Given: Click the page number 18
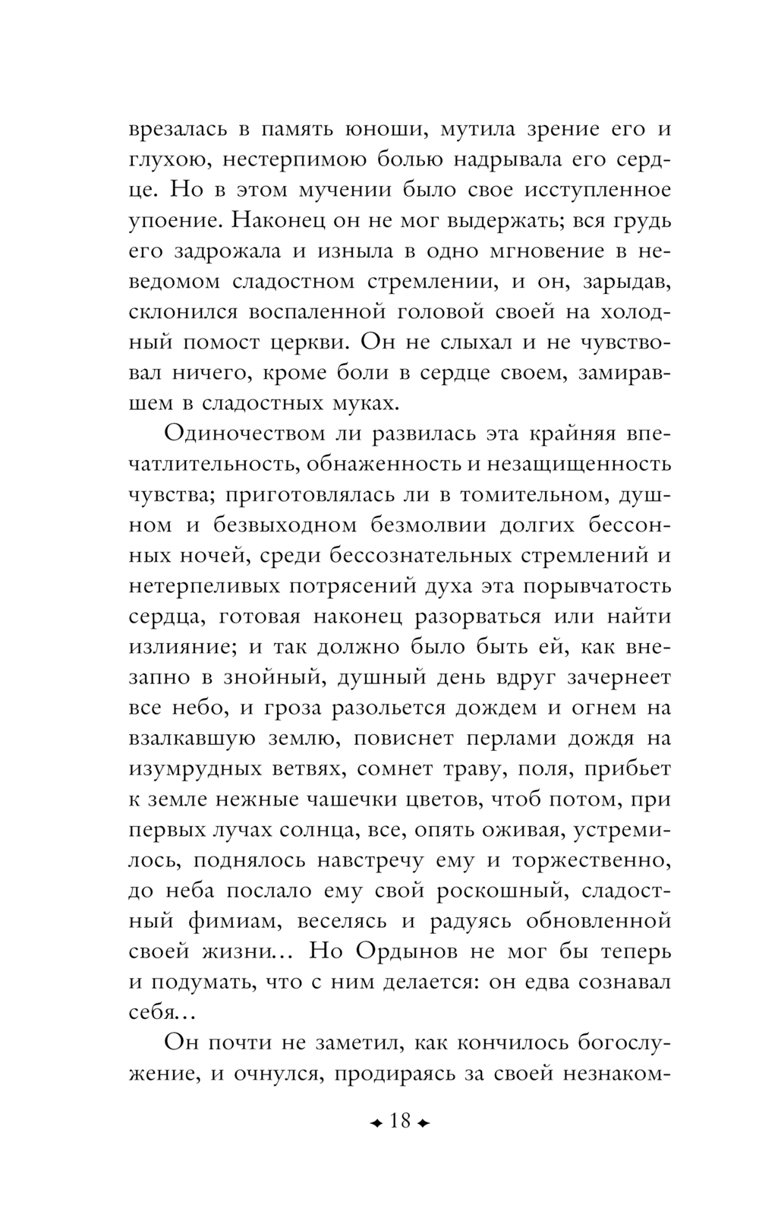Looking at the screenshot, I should tap(399, 1121).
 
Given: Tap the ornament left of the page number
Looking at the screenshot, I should tap(376, 1121).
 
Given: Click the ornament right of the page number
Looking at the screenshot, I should tap(423, 1121).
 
